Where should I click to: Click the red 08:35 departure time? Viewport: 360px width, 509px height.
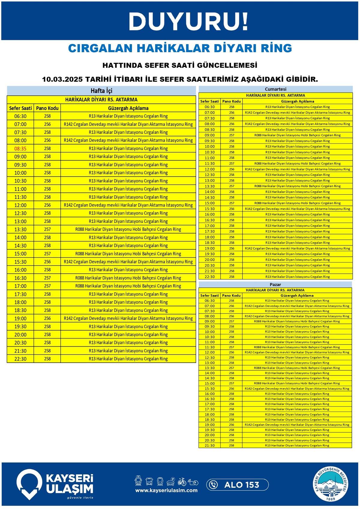[20, 149]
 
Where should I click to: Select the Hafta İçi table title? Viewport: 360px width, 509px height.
[101, 91]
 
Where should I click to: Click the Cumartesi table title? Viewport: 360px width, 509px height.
[275, 89]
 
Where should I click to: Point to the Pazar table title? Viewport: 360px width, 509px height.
[275, 284]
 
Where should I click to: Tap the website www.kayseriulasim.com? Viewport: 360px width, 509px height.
[166, 490]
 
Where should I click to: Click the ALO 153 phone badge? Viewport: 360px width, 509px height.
[237, 485]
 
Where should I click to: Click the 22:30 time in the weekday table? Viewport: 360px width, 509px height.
[20, 359]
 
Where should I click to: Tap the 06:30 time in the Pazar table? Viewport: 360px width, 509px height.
[210, 301]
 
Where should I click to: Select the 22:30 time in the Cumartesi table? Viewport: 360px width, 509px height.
[210, 277]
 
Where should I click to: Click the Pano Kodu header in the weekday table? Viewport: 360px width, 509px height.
[47, 108]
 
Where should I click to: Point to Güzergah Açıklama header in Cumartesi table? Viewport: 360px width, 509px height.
[297, 101]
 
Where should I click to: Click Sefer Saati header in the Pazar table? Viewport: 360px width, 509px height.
[210, 296]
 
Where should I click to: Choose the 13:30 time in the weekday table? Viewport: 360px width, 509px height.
[20, 230]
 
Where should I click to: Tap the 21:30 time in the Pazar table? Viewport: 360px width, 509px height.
[210, 446]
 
